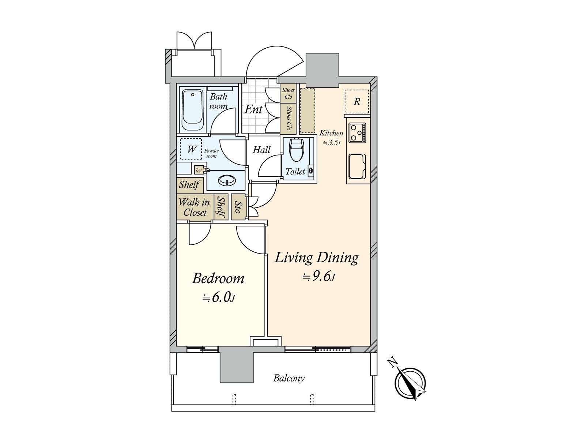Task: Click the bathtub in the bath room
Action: pos(192,110)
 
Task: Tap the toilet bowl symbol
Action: pos(297,150)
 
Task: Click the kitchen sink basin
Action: pos(357,166)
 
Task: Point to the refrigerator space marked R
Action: pos(356,102)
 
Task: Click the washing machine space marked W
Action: pos(191,149)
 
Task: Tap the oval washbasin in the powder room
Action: pos(227,180)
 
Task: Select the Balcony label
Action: pos(288,378)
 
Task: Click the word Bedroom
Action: pos(218,278)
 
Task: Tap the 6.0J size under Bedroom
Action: pos(219,298)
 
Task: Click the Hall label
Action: pos(261,150)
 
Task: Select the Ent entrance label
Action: pos(253,109)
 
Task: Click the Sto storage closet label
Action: pos(238,207)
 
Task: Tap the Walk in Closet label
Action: pos(194,207)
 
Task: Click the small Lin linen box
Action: pos(199,170)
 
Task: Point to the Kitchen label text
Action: pos(331,133)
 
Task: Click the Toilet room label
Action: pos(295,171)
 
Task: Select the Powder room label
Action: pos(211,153)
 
